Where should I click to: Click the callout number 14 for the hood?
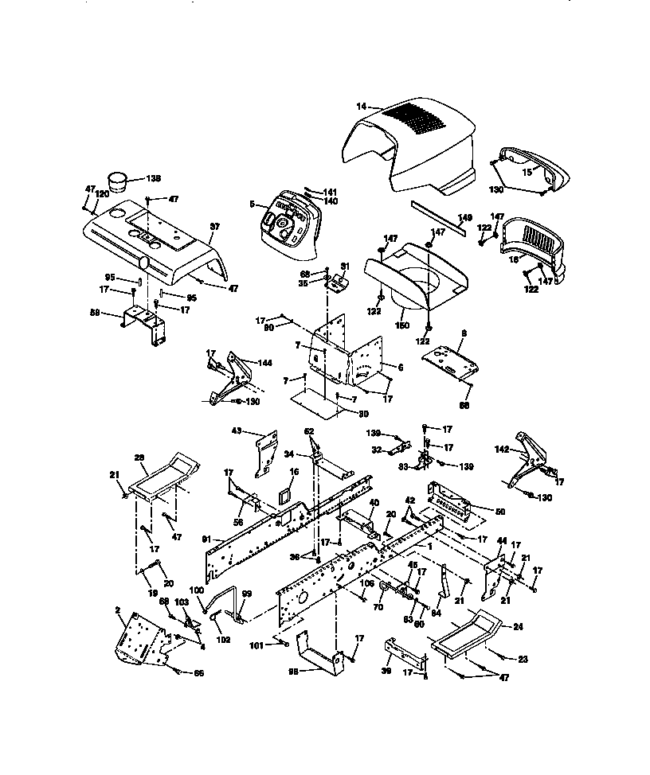(361, 106)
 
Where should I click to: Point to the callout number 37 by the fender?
(213, 228)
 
